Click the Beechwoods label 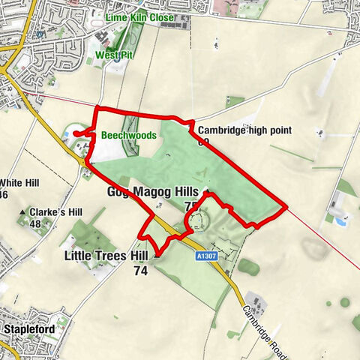click(128, 136)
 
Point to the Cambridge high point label click(245, 130)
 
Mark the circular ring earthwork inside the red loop click(198, 220)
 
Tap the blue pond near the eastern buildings click(340, 221)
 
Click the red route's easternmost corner click(286, 205)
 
